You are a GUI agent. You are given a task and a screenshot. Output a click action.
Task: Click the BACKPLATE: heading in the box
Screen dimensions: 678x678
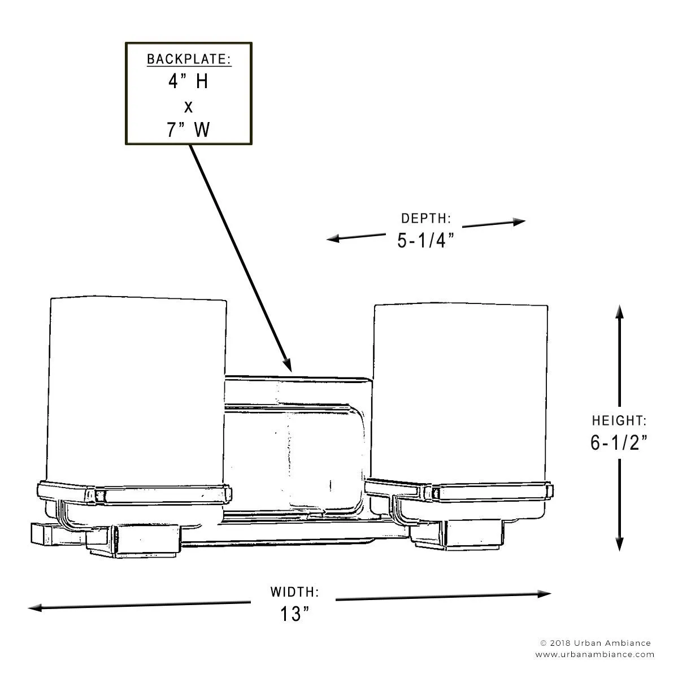point(189,59)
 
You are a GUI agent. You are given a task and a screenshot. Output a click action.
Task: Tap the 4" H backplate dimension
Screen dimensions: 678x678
point(188,81)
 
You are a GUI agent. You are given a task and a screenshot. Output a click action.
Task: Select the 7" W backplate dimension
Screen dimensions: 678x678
point(188,129)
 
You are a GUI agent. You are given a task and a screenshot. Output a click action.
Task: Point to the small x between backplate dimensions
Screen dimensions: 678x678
point(189,107)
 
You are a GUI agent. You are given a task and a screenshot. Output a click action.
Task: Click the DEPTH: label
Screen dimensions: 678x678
point(426,219)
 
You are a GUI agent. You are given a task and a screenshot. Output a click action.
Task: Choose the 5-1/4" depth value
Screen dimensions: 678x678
point(426,241)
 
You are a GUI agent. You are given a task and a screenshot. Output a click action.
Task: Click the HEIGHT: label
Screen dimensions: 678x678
point(619,420)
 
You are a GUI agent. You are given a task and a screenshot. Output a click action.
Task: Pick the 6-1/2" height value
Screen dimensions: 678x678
point(619,442)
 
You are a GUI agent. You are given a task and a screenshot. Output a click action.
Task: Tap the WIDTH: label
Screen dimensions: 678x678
point(294,592)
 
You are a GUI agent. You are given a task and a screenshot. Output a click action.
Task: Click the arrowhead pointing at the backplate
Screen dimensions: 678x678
point(288,365)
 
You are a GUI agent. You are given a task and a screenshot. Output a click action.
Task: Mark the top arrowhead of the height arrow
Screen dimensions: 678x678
point(620,312)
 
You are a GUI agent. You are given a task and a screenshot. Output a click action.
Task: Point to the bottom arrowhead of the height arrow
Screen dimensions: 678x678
point(620,544)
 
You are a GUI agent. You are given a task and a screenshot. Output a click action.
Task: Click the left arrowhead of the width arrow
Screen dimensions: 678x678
point(35,607)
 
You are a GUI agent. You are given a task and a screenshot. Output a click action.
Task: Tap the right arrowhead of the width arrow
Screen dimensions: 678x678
point(544,594)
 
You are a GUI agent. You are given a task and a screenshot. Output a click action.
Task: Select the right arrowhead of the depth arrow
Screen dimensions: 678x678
point(519,221)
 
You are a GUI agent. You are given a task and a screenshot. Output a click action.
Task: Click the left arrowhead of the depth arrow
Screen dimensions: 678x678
point(333,238)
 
